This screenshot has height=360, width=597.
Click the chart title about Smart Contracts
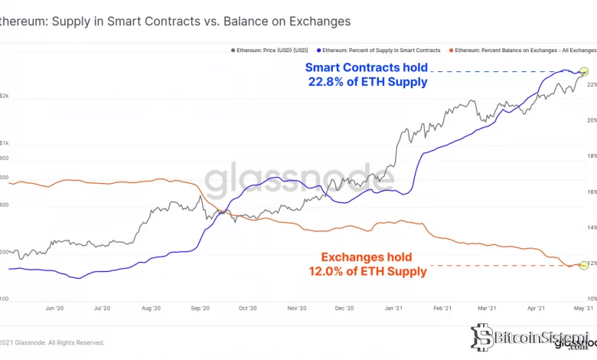click(175, 21)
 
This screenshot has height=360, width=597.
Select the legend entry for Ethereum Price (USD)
click(269, 50)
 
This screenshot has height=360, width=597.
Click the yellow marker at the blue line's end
click(585, 72)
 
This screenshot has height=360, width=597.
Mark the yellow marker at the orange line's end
click(585, 264)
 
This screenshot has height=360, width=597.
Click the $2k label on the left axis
click(5, 97)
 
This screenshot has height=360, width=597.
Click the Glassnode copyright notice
click(52, 342)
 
